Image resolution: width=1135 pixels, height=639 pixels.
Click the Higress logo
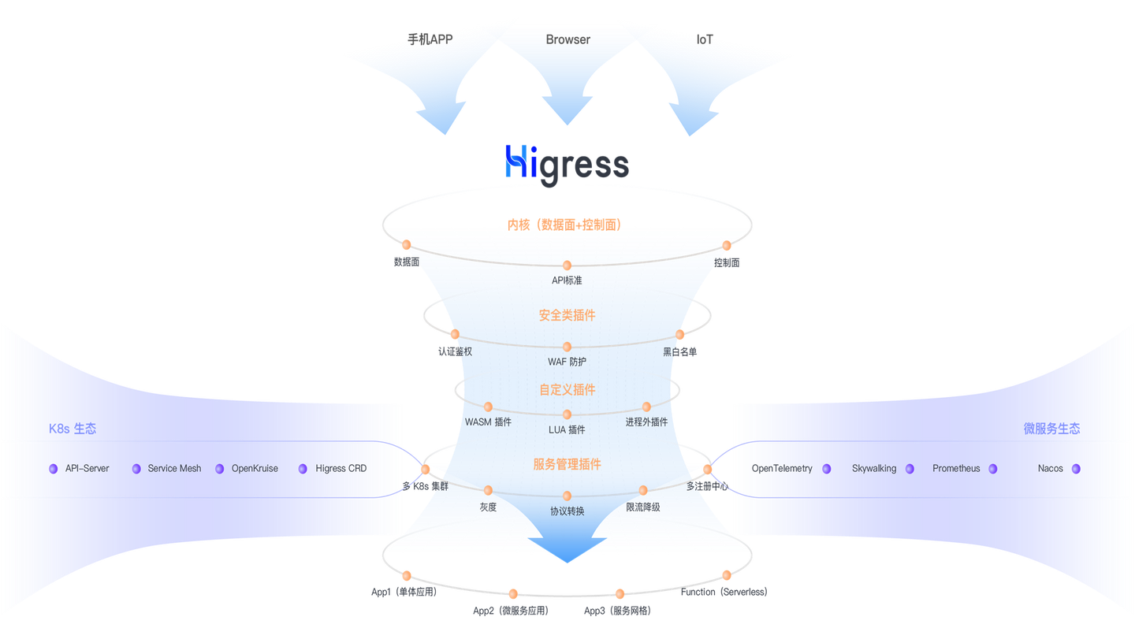[567, 165]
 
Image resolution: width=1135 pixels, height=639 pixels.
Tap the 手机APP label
[430, 39]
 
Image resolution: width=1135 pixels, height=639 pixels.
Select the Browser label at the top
[567, 39]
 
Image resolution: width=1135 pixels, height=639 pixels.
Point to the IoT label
[705, 39]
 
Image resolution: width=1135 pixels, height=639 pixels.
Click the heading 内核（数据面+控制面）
[564, 225]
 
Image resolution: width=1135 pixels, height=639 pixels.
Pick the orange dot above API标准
[567, 266]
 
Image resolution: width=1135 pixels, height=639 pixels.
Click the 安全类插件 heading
[567, 315]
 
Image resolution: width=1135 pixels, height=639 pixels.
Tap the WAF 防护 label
[567, 362]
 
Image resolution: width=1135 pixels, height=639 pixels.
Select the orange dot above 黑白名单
[679, 334]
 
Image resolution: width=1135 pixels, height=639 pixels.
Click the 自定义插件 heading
[567, 390]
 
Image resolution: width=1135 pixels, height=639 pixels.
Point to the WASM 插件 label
[488, 422]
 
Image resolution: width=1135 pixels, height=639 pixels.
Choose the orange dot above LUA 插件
[567, 414]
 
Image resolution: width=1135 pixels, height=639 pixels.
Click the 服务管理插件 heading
[567, 464]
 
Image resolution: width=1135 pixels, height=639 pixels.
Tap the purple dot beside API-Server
[54, 469]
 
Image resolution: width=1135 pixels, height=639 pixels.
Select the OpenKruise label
[255, 468]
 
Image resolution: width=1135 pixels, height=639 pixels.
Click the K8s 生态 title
[73, 429]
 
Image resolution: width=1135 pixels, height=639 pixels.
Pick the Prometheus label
[956, 468]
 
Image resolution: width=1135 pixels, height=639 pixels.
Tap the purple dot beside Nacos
[1076, 469]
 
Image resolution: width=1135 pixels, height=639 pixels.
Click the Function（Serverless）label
[724, 592]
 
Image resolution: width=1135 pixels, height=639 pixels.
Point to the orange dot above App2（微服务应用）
[513, 593]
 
